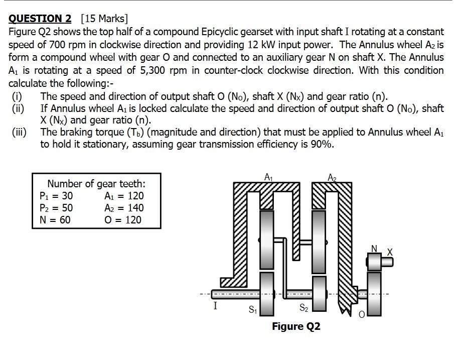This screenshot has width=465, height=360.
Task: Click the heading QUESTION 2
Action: point(40,19)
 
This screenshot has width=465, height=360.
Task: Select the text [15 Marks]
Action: point(104,19)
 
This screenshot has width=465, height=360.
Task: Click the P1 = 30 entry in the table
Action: point(56,196)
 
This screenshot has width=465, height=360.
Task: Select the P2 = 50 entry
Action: point(56,208)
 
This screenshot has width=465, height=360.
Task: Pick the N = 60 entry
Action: point(55,220)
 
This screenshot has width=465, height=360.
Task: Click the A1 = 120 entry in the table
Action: point(123,196)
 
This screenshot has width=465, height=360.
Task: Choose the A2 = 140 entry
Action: point(123,208)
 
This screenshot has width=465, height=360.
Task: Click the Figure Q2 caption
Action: point(296,327)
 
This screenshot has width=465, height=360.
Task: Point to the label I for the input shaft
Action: point(215,306)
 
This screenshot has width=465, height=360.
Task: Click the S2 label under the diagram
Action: point(304,308)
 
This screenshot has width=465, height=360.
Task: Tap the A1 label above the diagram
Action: point(268,177)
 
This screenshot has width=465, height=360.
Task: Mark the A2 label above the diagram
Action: point(332,177)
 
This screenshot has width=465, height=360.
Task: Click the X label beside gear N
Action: point(390,251)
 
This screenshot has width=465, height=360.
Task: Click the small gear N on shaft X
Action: point(374,262)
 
